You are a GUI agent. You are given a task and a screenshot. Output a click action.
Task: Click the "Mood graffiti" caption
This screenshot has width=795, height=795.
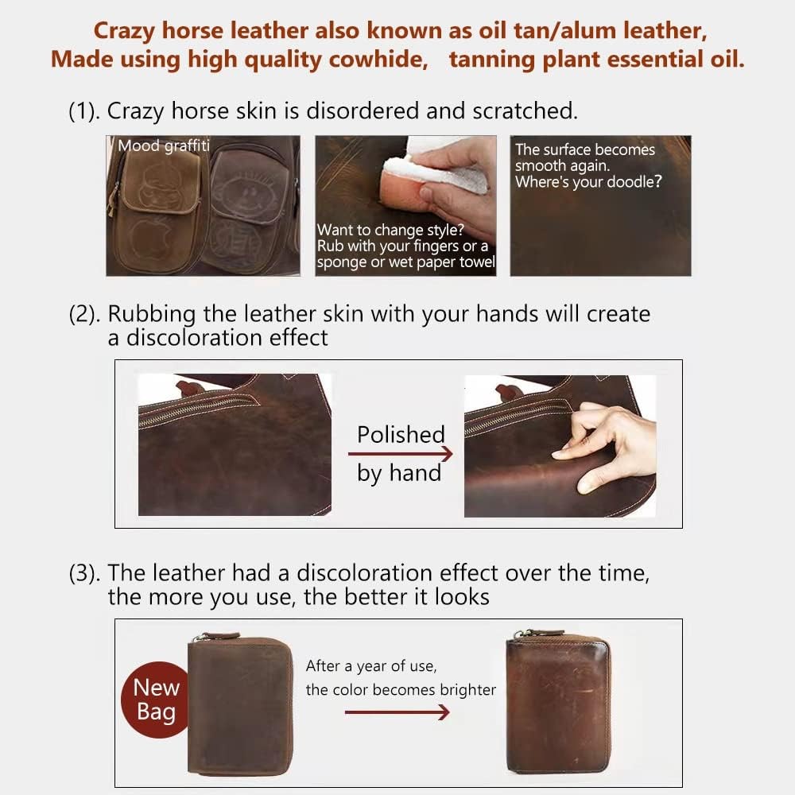pyautogui.click(x=164, y=145)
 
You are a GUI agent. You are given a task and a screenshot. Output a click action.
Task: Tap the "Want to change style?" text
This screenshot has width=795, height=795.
pyautogui.click(x=390, y=231)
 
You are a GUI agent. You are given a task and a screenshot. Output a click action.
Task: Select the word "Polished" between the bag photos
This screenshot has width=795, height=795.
pyautogui.click(x=401, y=434)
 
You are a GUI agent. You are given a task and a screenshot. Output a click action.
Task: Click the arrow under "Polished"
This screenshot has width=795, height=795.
pyautogui.click(x=400, y=454)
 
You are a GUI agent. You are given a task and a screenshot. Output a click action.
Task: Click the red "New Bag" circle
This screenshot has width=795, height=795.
pyautogui.click(x=156, y=699)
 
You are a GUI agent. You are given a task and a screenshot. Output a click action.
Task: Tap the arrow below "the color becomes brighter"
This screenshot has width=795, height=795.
pyautogui.click(x=397, y=712)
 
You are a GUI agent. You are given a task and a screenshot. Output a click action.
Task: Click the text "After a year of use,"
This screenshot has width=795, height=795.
pyautogui.click(x=371, y=665)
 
